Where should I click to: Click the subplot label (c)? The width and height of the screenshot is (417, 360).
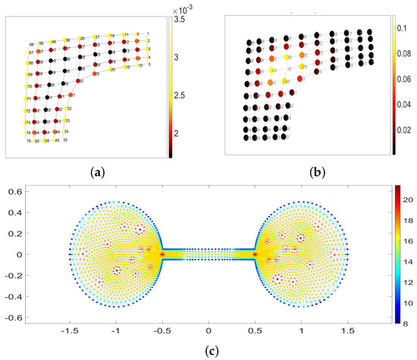coord(208,352)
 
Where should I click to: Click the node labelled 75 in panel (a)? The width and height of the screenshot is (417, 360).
coord(28,142)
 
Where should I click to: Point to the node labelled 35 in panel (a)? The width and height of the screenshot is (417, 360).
coord(66,140)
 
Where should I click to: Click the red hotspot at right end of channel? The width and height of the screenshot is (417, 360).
coord(256,255)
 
